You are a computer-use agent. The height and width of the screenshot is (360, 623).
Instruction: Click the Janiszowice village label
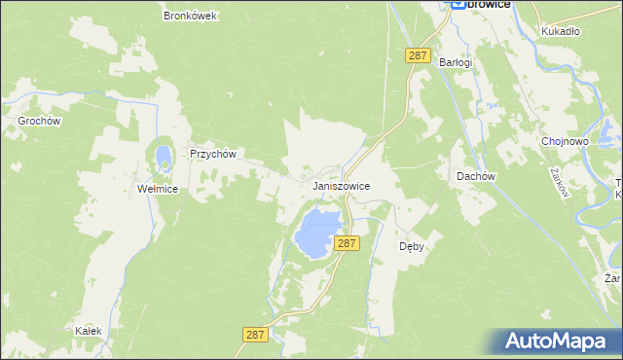pos(341,185)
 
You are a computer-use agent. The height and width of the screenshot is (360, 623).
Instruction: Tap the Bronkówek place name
pos(191,17)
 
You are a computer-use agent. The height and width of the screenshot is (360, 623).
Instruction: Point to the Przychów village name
pos(213,154)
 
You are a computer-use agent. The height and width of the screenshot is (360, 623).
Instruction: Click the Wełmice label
pos(157,189)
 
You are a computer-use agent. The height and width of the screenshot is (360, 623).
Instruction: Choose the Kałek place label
pos(89,331)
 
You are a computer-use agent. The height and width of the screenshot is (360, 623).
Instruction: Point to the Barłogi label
pos(456,62)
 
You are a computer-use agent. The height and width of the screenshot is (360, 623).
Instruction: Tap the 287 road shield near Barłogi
pos(419,56)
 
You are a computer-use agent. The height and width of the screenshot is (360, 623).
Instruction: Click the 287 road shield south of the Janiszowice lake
pos(347,243)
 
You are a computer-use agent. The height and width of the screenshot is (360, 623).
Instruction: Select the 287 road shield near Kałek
pos(254,334)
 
